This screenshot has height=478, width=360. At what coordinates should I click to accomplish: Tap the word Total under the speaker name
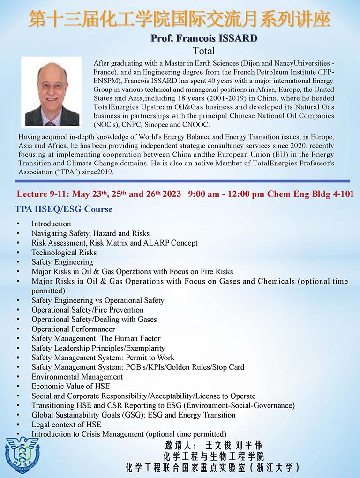[x=204, y=51]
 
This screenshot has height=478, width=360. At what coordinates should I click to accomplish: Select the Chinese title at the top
[x=180, y=20]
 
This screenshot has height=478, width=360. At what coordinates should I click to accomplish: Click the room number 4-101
[x=341, y=194]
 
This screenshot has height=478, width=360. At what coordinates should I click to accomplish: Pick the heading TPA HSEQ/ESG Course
[x=64, y=209]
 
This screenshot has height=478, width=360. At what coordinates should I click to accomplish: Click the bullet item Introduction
[x=51, y=224]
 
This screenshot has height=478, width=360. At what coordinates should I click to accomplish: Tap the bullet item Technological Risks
[x=64, y=253]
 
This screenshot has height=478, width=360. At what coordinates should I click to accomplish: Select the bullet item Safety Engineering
[x=62, y=262]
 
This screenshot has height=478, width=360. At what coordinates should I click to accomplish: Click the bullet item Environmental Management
[x=77, y=377]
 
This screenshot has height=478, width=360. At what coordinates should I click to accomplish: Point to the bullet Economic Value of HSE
[x=71, y=386]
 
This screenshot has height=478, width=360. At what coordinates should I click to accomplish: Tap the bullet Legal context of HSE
[x=66, y=425]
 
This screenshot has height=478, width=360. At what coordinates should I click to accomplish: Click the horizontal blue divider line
[x=180, y=181]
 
